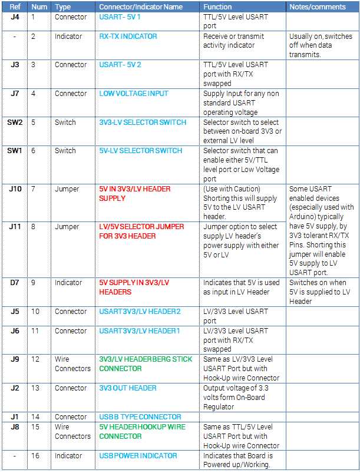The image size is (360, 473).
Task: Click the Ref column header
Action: pyautogui.click(x=15, y=7)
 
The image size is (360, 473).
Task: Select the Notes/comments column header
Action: pyautogui.click(x=317, y=7)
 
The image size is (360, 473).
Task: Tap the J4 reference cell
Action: pyautogui.click(x=15, y=17)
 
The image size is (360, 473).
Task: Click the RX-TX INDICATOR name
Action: pyautogui.click(x=128, y=37)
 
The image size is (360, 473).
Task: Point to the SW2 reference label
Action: pyautogui.click(x=15, y=123)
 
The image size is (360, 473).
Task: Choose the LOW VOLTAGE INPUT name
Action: pyautogui.click(x=134, y=94)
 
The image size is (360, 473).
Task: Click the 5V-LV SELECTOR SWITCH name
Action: pyautogui.click(x=140, y=151)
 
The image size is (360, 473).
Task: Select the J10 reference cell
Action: pyautogui.click(x=15, y=189)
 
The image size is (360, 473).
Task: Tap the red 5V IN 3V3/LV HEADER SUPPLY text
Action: pyautogui.click(x=134, y=194)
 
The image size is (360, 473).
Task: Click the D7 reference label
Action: pyautogui.click(x=15, y=283)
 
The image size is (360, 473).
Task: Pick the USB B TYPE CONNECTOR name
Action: pyautogui.click(x=140, y=417)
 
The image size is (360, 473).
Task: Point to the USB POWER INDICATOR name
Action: pyautogui.click(x=138, y=456)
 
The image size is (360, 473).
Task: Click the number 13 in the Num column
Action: pyautogui.click(x=36, y=388)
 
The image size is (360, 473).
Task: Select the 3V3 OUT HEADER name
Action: pyautogui.click(x=128, y=388)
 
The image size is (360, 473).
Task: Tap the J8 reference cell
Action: pyautogui.click(x=15, y=427)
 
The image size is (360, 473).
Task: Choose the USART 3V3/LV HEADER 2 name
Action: pyautogui.click(x=140, y=312)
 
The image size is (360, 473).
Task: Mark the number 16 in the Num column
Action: pyautogui.click(x=36, y=456)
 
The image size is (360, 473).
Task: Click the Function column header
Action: pyautogui.click(x=218, y=7)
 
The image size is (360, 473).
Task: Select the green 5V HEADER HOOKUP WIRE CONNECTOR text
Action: pyautogui.click(x=142, y=432)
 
